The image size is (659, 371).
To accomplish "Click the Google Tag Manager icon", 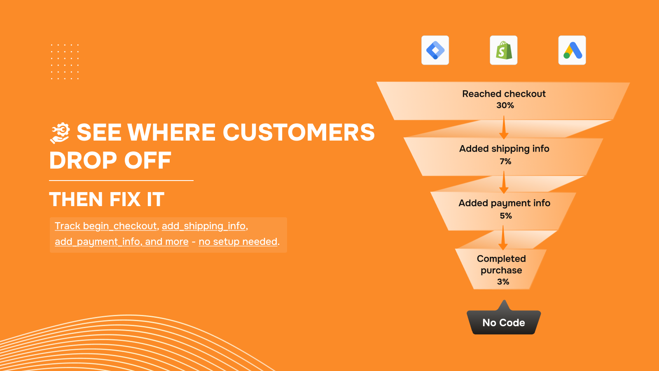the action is click(435, 50).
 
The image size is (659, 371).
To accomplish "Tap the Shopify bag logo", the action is click(504, 50).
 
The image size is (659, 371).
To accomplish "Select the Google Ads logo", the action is click(572, 50).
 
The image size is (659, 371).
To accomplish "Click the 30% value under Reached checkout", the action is click(505, 106).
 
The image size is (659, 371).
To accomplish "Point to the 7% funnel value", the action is click(505, 161).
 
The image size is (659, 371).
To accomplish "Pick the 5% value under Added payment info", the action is click(506, 216).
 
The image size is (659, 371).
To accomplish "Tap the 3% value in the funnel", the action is click(503, 282).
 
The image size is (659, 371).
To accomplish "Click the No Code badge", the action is click(504, 319).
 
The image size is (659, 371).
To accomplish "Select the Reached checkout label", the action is click(504, 94).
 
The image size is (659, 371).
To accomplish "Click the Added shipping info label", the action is click(504, 149).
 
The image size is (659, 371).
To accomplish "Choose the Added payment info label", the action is click(504, 204).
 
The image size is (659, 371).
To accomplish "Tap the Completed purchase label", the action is click(501, 264).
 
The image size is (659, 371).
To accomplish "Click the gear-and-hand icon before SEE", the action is click(60, 133).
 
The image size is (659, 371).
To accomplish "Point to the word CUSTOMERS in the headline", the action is click(299, 132).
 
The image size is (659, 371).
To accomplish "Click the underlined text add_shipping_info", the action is click(203, 226).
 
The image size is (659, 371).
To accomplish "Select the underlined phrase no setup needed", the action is click(238, 242).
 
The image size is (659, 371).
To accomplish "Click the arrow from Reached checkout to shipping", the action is click(504, 127).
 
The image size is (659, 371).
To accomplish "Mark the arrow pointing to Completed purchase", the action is click(503, 238).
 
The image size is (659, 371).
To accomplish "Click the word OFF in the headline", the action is click(147, 160).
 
